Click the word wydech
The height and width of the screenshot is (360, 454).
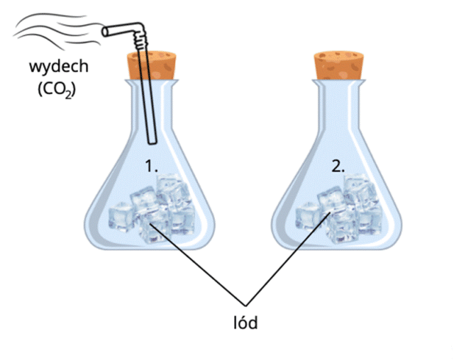tap(59, 67)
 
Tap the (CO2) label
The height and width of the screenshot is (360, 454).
tap(57, 90)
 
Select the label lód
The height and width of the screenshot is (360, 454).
tap(245, 322)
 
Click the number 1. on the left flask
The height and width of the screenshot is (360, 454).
tap(151, 166)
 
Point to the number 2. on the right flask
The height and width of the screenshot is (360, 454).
tap(338, 166)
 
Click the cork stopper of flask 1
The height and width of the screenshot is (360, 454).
tap(151, 65)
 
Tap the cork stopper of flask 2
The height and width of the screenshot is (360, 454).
tap(338, 65)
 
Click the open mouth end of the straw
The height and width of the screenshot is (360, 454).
tap(106, 32)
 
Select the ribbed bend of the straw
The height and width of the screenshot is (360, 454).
tap(140, 40)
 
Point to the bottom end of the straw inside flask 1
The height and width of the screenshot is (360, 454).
tap(153, 142)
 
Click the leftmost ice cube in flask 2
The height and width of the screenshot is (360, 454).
tap(308, 216)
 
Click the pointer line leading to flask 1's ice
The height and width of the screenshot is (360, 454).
tap(197, 265)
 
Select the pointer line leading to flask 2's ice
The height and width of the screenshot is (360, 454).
tap(288, 259)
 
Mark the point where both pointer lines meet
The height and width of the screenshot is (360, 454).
tap(245, 305)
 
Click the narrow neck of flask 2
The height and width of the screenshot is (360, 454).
tap(338, 107)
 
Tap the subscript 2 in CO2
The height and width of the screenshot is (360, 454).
tap(68, 95)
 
